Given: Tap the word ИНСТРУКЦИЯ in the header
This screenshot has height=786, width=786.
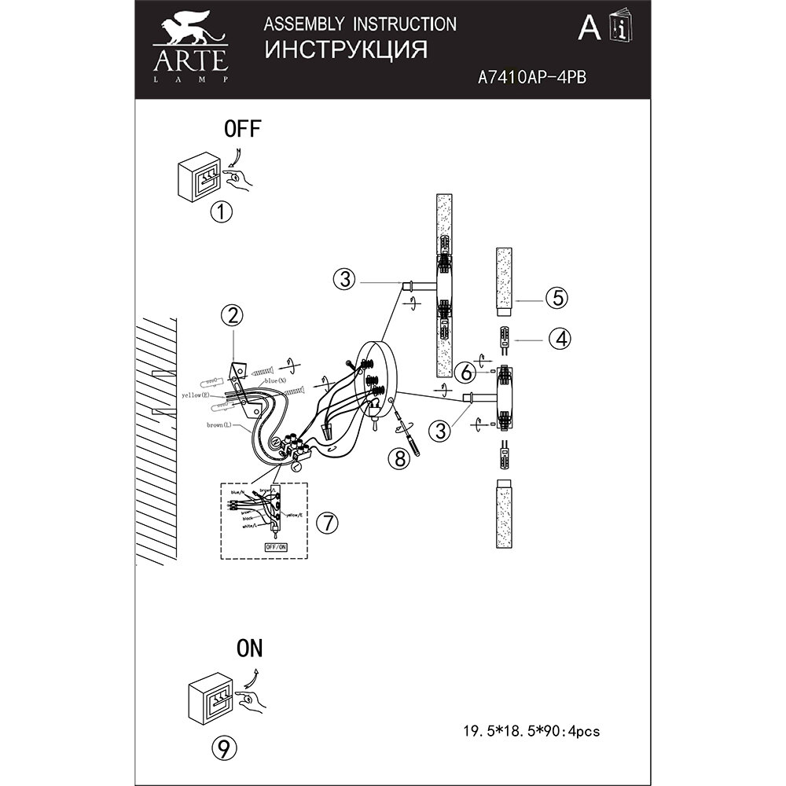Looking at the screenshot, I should click(x=346, y=50).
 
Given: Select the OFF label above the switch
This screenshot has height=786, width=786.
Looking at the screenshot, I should click(x=242, y=130).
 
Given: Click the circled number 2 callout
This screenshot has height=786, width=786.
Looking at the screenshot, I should click(x=231, y=316).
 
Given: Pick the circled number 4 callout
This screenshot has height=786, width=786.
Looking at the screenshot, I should click(x=560, y=339).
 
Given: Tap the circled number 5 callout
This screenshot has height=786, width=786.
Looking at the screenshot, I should click(x=556, y=298).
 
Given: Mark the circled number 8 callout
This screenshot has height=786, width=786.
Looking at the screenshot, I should click(x=401, y=459).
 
